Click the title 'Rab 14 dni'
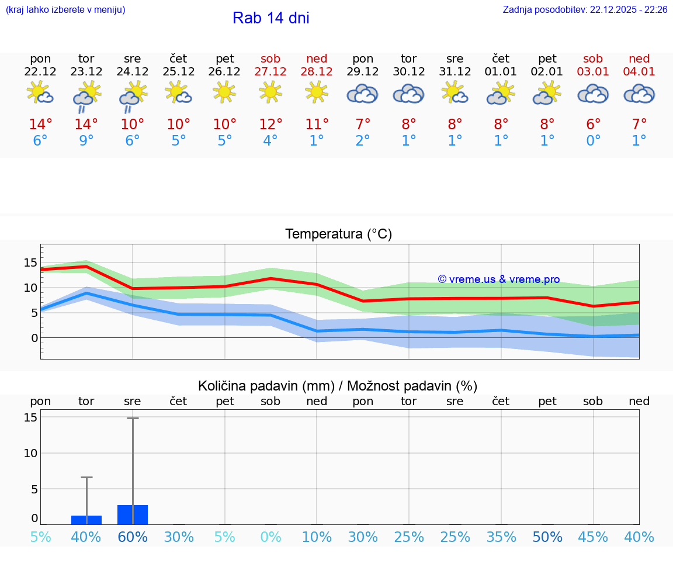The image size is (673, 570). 270,18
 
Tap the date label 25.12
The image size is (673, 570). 179,72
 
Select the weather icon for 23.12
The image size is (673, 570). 86,95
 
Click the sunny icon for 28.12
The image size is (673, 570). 317,92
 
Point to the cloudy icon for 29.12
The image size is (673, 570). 363,94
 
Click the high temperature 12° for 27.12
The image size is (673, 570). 270,124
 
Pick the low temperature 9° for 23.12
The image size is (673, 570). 86,141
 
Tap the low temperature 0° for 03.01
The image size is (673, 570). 594,141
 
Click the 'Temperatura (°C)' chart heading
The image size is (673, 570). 338,234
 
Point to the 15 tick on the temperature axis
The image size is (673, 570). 30,262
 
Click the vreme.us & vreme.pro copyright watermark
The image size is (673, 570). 498,279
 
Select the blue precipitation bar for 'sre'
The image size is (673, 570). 133,514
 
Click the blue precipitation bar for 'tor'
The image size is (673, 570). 86,520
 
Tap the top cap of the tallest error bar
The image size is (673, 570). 133,418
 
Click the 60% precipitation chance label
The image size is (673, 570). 133,537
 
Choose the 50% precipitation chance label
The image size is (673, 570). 547,537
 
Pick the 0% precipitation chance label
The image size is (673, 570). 270,537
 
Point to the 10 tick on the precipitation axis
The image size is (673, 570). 30,453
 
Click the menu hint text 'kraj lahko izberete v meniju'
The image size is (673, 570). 65,10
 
